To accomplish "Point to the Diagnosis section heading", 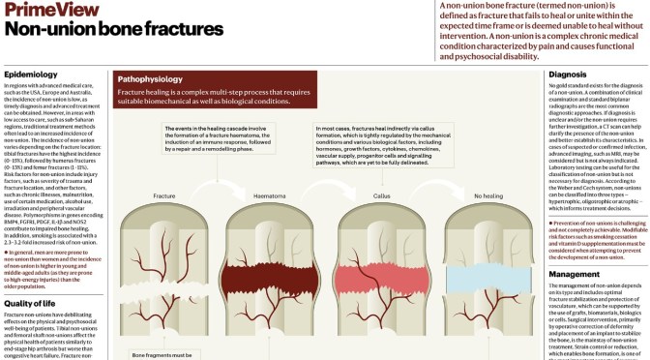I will click(x=567, y=74).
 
